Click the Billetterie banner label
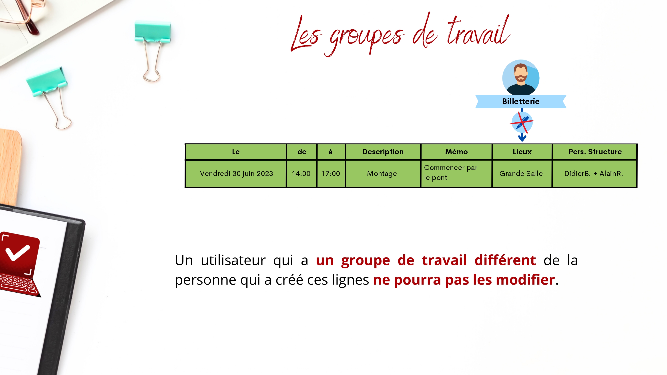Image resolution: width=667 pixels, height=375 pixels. [x=521, y=102]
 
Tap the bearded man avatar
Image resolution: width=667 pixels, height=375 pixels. [x=521, y=78]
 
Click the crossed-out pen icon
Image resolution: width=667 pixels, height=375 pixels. [x=522, y=122]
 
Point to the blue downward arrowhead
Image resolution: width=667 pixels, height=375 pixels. [x=522, y=138]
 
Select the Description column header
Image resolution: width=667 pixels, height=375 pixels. [x=383, y=152]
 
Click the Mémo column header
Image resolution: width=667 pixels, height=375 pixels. [x=456, y=152]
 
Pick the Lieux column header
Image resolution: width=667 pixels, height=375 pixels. [x=522, y=152]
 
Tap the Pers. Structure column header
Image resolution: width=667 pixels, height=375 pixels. [x=595, y=152]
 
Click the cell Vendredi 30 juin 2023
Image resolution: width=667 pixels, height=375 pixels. [x=236, y=174]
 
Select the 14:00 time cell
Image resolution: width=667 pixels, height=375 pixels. [x=301, y=174]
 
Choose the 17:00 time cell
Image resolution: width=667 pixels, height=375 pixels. [x=331, y=174]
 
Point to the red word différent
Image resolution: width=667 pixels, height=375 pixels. [x=505, y=260]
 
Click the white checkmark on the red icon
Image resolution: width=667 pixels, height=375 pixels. [x=18, y=252]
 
